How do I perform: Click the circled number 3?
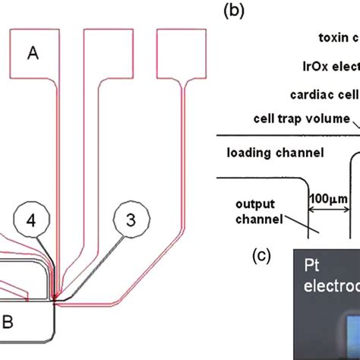pyautogui.click(x=131, y=222)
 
